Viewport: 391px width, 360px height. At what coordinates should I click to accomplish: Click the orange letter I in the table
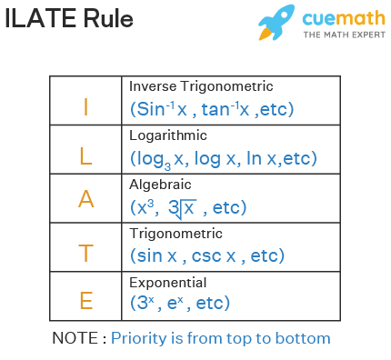86,106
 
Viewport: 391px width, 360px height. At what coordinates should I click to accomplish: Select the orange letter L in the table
86,155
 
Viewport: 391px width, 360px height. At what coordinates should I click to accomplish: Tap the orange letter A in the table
86,199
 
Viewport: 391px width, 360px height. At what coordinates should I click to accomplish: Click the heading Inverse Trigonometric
201,86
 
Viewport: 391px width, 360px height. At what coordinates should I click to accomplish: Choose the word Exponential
168,282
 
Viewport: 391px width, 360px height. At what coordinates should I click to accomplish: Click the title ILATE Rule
68,20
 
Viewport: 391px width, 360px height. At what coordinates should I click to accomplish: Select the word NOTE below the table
78,338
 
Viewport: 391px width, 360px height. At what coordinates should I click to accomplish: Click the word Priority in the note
141,338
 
